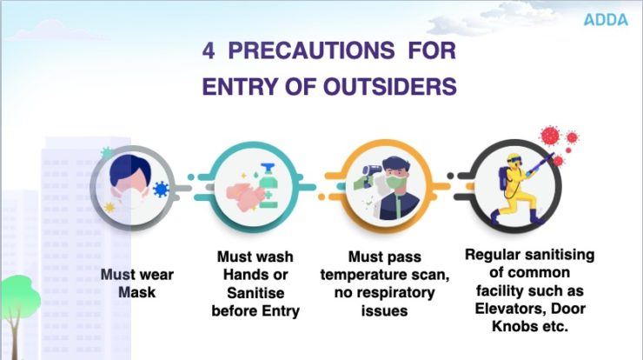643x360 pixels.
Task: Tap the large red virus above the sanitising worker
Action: point(549,136)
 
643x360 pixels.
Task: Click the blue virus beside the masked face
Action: point(160,190)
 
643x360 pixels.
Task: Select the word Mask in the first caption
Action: point(136,292)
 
